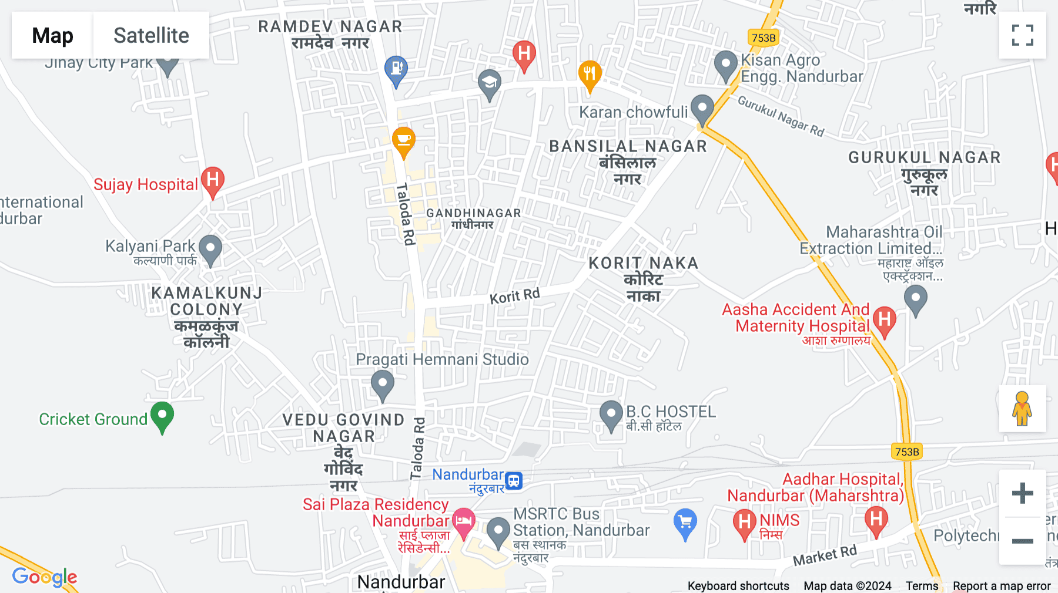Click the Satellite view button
click(151, 35)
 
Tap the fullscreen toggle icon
click(1022, 35)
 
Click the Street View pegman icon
click(1022, 408)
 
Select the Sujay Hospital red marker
click(213, 181)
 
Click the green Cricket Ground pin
click(162, 416)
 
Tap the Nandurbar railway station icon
click(514, 480)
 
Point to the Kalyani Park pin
click(210, 249)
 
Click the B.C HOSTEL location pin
click(611, 415)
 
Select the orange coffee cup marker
click(404, 141)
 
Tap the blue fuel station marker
click(396, 69)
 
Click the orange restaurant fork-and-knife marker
click(590, 75)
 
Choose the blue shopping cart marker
click(685, 522)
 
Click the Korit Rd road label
click(514, 296)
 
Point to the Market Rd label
click(825, 555)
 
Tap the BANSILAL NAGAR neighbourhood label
click(628, 146)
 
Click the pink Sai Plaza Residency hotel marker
click(464, 521)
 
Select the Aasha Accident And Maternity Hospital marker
click(885, 321)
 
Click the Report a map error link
click(1002, 586)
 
